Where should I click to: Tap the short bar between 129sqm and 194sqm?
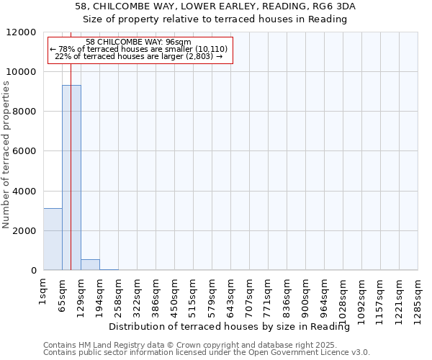coord(90,264)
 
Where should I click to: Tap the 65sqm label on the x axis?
coord(63,294)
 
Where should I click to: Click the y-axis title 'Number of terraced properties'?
coord(6,155)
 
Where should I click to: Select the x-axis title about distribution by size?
coord(234,327)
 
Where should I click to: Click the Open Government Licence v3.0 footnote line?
coord(206,353)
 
